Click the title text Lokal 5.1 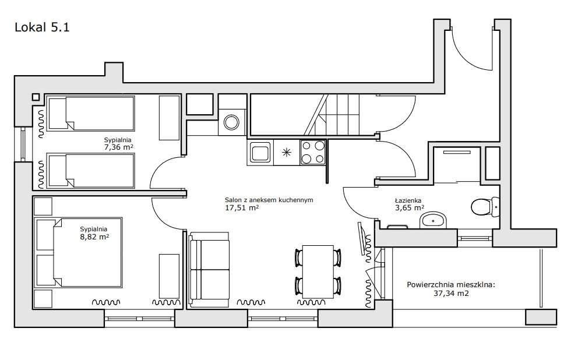click(x=42, y=27)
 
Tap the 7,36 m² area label click(x=118, y=147)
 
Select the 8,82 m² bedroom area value click(x=94, y=237)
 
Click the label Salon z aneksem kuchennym click(x=269, y=200)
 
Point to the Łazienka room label click(x=408, y=200)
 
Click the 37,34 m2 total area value click(x=451, y=294)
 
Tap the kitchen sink click(x=260, y=153)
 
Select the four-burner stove click(x=313, y=152)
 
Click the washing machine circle click(x=231, y=122)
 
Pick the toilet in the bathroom click(x=485, y=207)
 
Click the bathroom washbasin click(x=433, y=220)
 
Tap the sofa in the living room click(x=209, y=270)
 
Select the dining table click(x=318, y=272)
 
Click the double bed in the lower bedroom click(x=78, y=252)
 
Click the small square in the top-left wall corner click(x=36, y=97)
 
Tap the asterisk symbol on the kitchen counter click(x=287, y=152)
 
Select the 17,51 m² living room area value click(x=242, y=208)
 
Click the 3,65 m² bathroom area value click(x=410, y=208)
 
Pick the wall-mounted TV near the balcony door click(x=363, y=239)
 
